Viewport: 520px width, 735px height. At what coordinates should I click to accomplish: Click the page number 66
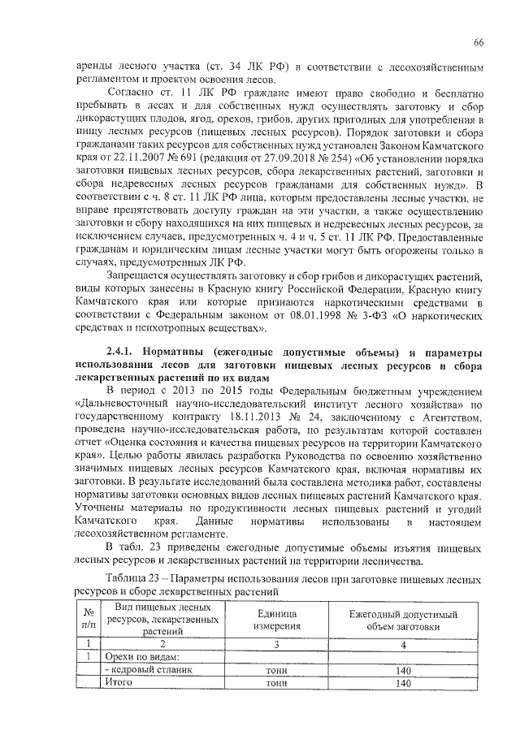coord(479,42)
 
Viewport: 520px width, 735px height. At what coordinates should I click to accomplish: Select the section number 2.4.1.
coord(122,352)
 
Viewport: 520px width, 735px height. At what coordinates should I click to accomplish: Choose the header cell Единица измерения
coord(276,620)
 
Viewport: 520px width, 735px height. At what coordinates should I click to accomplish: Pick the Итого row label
coord(119,684)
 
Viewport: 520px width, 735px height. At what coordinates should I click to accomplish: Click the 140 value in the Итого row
coord(399,684)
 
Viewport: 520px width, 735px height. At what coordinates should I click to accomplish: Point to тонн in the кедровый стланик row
coord(276,670)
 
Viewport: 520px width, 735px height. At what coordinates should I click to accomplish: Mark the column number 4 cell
coord(399,644)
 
